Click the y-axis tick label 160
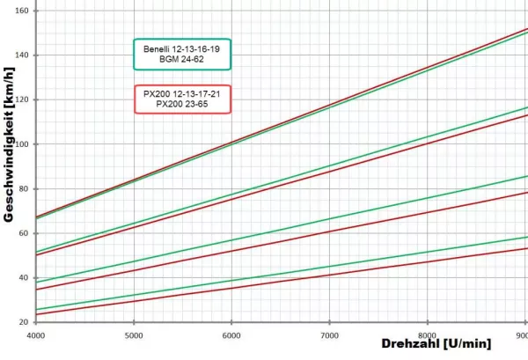tap(23, 11)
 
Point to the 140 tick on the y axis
tap(23, 55)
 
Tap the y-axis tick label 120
tap(23, 99)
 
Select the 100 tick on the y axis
tap(23, 144)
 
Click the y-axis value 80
tap(25, 188)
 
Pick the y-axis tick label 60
tap(25, 233)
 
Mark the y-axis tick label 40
tap(25, 277)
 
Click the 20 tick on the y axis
tap(25, 322)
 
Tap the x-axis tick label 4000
tap(37, 335)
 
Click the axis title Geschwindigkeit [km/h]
tap(8, 167)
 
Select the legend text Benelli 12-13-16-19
tap(181, 49)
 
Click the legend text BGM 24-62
tap(181, 60)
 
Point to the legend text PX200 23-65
tap(181, 105)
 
